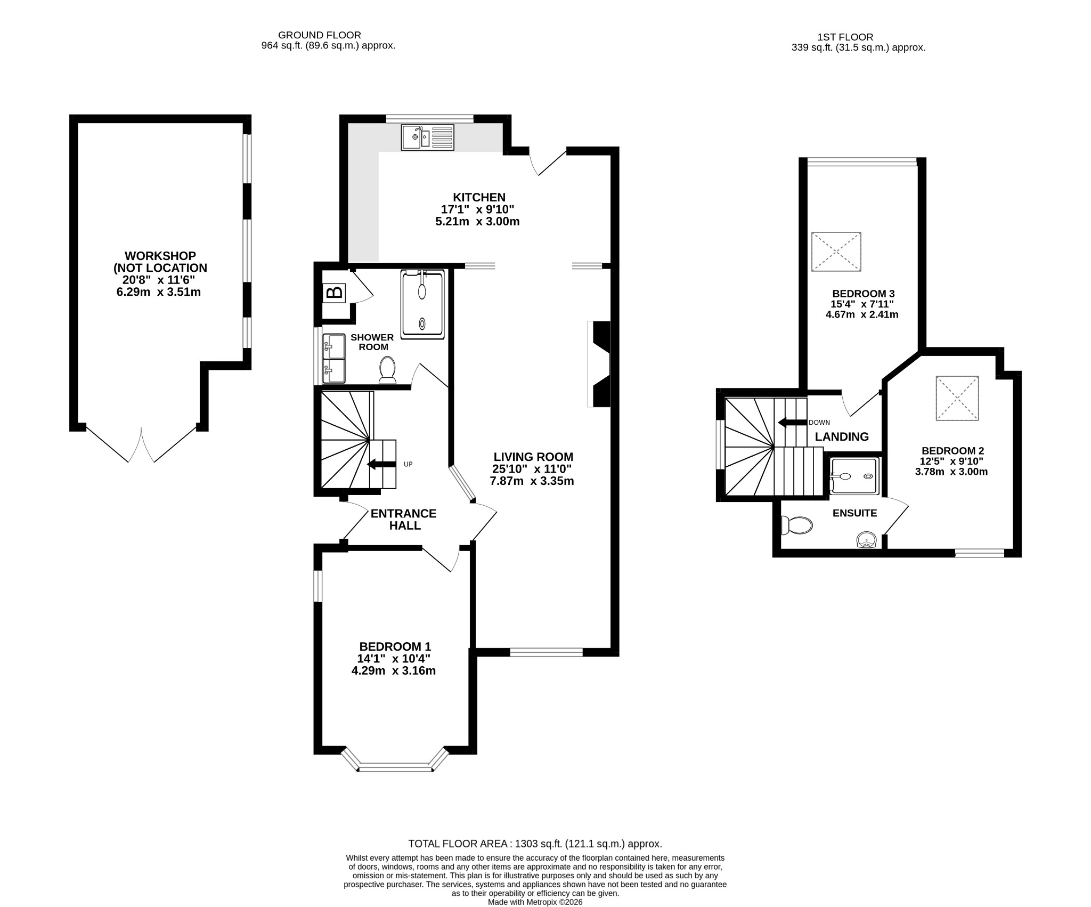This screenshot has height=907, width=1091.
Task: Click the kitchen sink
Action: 428,137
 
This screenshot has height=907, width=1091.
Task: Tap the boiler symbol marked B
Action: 335,293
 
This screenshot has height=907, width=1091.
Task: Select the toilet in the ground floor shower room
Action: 387,370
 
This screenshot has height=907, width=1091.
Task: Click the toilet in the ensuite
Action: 796,525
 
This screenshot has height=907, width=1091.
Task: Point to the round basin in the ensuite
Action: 867,541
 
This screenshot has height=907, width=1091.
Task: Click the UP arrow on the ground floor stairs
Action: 382,464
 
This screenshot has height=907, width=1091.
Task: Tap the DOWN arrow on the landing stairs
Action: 792,423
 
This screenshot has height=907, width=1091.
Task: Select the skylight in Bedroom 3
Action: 836,252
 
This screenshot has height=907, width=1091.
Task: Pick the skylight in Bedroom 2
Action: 957,398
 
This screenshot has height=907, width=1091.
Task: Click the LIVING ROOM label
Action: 533,457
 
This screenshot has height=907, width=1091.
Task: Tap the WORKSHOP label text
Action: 160,256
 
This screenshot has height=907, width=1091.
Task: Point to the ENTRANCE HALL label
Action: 404,520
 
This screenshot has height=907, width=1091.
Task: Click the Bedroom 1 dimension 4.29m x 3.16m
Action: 394,671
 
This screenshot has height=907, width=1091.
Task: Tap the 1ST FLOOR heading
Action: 845,37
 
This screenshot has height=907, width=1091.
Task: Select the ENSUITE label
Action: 855,513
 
